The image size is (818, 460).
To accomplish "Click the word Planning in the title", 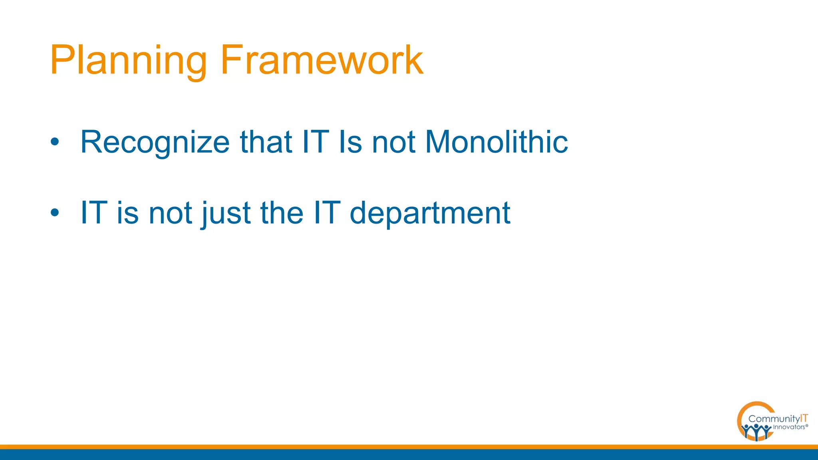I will (x=128, y=61).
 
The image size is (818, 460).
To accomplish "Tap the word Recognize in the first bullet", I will (x=155, y=142).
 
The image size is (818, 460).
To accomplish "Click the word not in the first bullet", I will (x=393, y=143).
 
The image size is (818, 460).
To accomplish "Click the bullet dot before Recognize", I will (x=55, y=142).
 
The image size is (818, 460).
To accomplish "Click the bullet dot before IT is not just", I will (x=55, y=212).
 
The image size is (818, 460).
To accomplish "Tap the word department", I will (x=430, y=213).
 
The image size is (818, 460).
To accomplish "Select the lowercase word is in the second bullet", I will (x=128, y=212).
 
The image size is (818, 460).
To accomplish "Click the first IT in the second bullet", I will (x=94, y=212).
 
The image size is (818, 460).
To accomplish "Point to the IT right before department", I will (x=327, y=212).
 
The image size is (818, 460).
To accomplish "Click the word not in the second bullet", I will (x=171, y=213).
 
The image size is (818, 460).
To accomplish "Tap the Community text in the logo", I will (x=774, y=419).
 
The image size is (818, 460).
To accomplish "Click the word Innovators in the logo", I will (x=789, y=427).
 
